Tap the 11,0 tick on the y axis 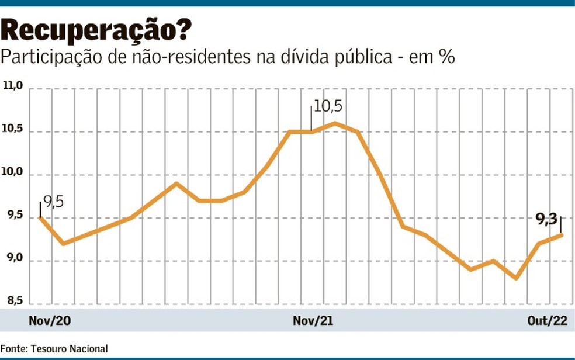point(13,87)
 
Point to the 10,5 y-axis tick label point(13,130)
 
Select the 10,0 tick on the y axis point(13,174)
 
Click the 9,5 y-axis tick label point(13,217)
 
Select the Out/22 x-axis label point(548,321)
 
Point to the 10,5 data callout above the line point(328,107)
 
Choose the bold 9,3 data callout point(546,220)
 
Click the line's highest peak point point(334,123)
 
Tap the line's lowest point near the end point(516,278)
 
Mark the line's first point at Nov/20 point(40,217)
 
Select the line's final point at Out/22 point(562,235)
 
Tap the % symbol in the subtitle point(447,58)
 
